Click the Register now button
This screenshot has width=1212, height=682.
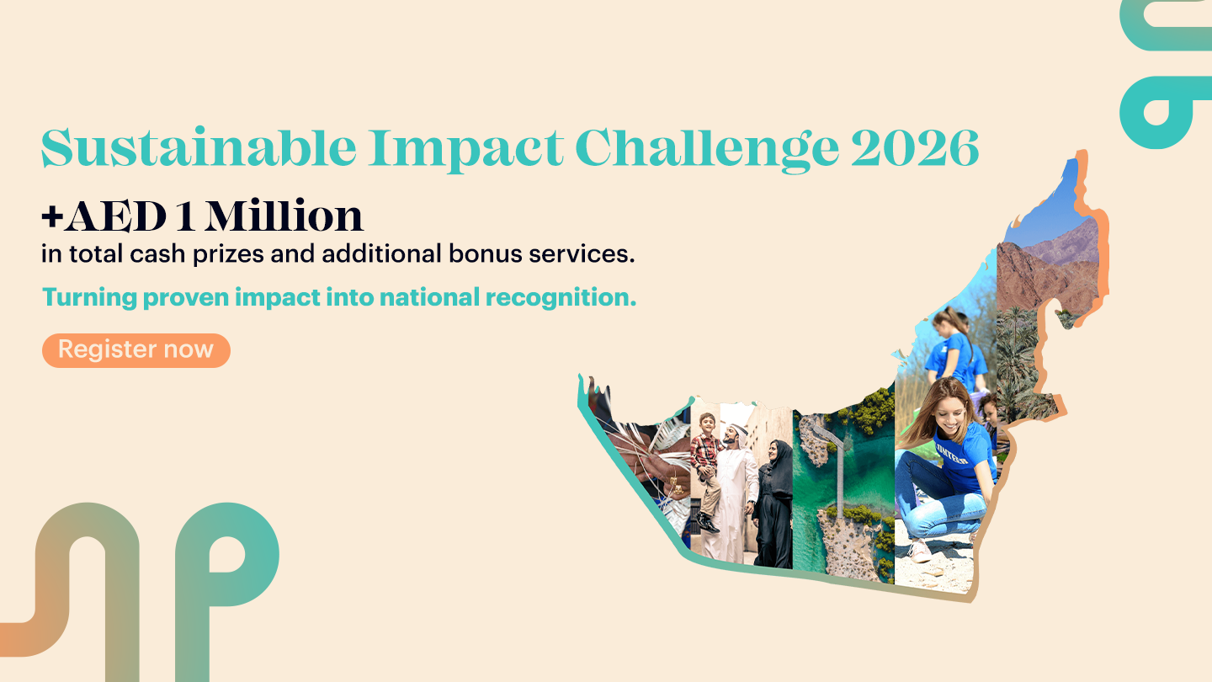point(136,350)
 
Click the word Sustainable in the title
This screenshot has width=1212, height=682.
point(199,148)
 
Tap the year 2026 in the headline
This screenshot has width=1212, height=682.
point(915,148)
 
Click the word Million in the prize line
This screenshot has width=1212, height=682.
point(284,216)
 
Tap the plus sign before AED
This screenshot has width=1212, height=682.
point(52,216)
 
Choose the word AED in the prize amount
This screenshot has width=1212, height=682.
point(115,216)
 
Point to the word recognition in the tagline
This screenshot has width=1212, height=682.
point(561,298)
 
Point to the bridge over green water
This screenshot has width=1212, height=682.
point(834,465)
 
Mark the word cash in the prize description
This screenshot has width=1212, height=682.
point(158,253)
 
